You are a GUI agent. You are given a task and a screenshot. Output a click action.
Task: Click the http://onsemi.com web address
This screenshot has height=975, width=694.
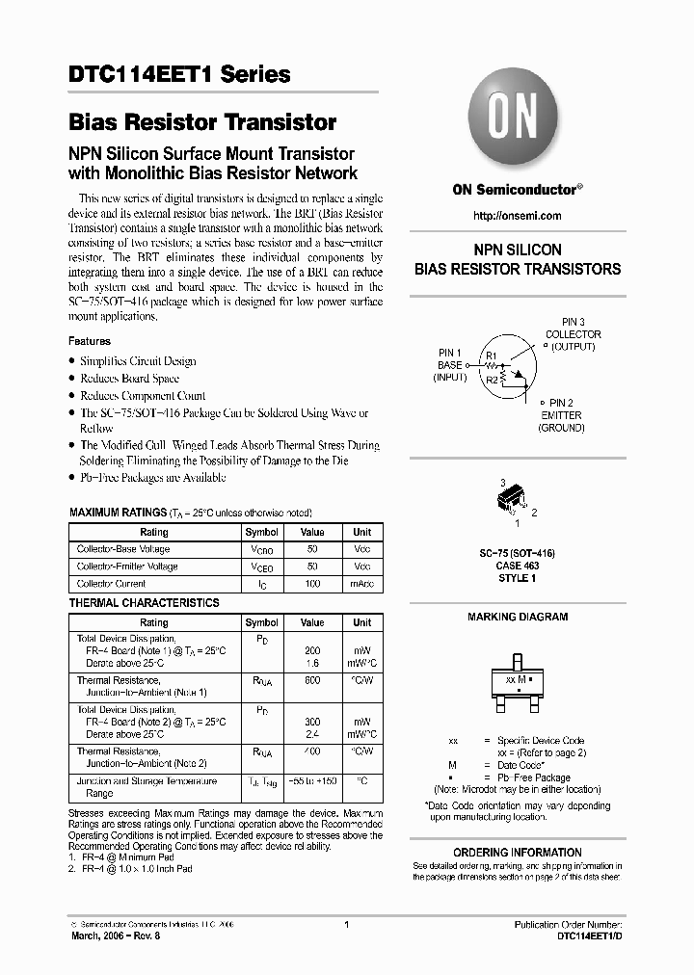click(518, 216)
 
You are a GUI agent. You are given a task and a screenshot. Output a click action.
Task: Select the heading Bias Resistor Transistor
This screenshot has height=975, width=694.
click(202, 122)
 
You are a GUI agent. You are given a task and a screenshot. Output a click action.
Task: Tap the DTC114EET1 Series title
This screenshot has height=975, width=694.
click(179, 74)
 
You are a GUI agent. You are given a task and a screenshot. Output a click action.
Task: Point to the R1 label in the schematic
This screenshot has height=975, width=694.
click(491, 356)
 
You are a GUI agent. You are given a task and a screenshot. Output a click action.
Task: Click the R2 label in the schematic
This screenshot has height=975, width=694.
click(492, 380)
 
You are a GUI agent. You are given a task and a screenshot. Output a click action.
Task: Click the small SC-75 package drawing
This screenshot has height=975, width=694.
click(512, 500)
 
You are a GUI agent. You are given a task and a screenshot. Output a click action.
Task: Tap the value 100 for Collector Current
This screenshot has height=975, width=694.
click(312, 584)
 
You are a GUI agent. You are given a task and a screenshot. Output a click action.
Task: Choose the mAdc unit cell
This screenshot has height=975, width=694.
click(361, 584)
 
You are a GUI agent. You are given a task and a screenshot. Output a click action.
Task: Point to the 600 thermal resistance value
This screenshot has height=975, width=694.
click(312, 680)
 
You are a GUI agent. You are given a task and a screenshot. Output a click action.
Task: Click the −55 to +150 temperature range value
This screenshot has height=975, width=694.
click(312, 781)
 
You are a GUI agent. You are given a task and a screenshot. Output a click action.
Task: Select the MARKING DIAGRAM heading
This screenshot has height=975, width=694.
click(518, 617)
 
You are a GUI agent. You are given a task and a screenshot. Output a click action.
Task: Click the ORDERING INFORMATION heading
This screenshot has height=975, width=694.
click(518, 853)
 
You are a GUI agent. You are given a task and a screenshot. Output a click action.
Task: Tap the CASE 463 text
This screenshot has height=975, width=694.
click(518, 567)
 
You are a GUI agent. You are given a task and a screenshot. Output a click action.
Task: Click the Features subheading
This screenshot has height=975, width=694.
click(90, 341)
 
